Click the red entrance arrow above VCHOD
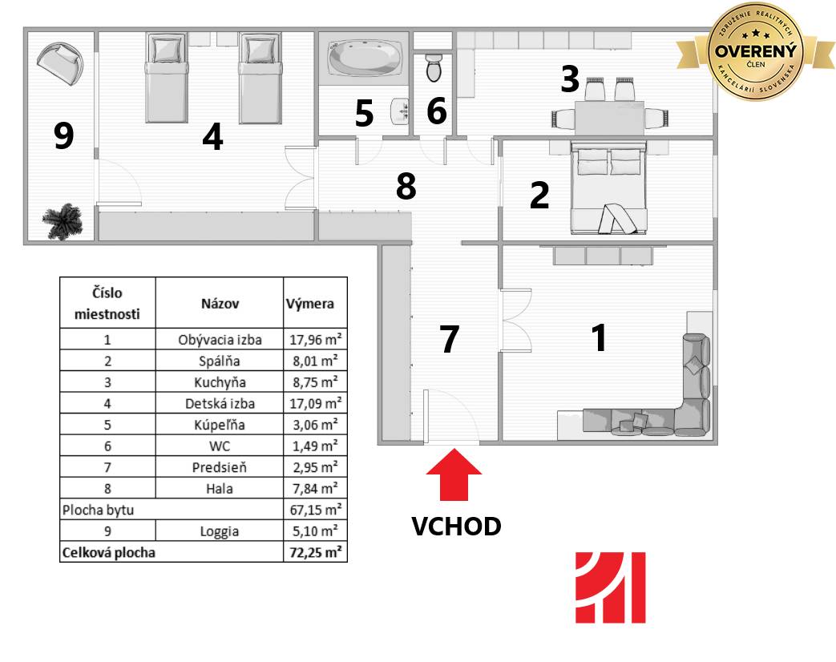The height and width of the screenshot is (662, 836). coord(454,474)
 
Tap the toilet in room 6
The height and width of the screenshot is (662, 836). coord(434,67)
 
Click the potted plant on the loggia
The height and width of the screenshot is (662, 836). coord(63,221)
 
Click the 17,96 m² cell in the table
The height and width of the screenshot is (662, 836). coord(315,339)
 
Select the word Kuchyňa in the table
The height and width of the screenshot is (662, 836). coord(220,382)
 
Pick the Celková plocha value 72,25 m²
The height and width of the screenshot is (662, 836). coord(315,551)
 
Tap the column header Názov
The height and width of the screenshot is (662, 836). coord(220,303)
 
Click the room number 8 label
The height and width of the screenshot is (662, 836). coord(406,186)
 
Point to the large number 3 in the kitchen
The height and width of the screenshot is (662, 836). coord(570,79)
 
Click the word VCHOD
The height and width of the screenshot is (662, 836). coord(456,526)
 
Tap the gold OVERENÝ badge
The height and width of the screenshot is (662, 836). coord(755,52)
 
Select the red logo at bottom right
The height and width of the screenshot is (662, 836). coord(611,587)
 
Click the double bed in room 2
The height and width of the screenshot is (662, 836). coord(608,187)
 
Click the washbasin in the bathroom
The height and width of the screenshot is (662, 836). coord(399,111)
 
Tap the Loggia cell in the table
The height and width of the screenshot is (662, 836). coord(219,531)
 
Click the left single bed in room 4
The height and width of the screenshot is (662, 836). coord(167,78)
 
